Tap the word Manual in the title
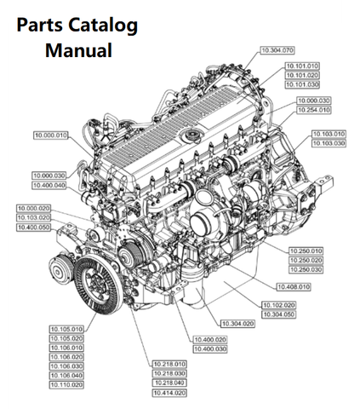click(79, 50)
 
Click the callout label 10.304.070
click(275, 51)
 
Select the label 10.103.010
click(328, 135)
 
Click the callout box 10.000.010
click(51, 135)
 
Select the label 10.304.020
click(237, 323)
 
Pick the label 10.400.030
click(209, 349)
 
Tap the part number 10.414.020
click(169, 393)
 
